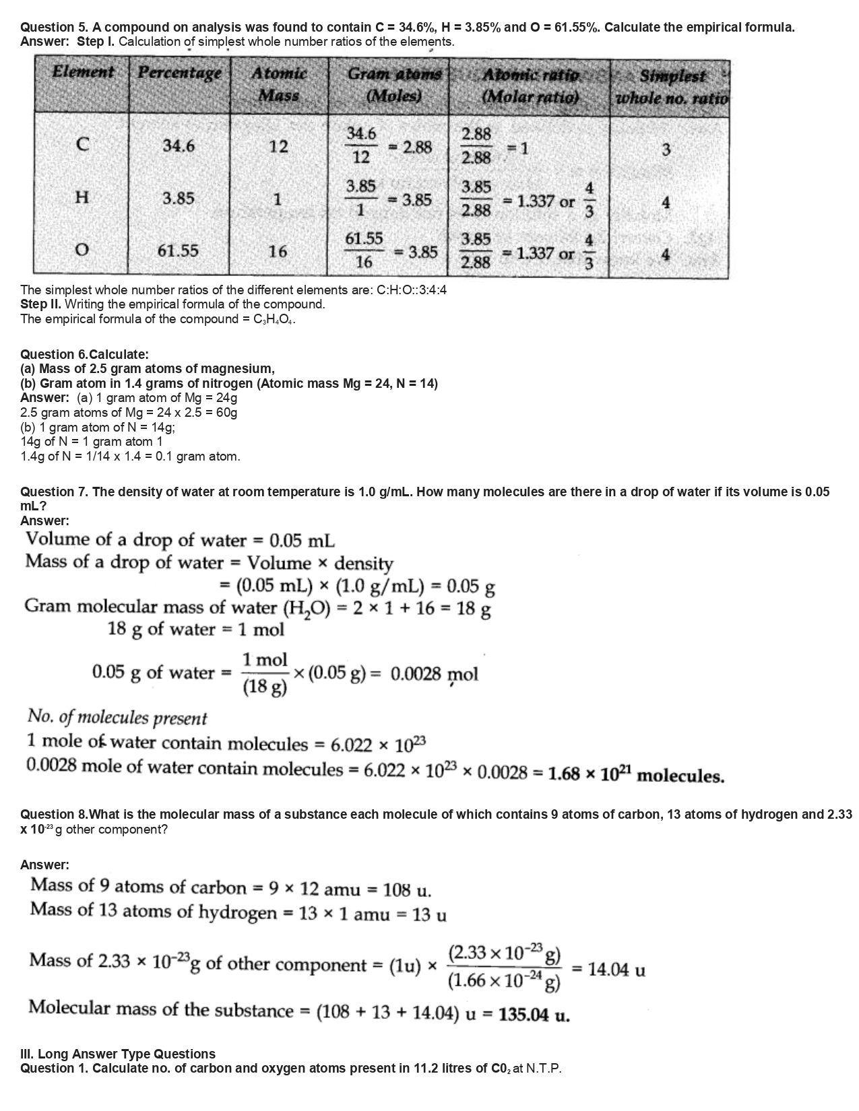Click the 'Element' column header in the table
(82, 71)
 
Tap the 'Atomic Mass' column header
(279, 83)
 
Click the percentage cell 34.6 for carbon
(179, 145)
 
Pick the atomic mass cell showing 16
(278, 251)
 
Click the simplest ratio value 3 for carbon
(666, 149)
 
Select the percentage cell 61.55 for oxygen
(178, 251)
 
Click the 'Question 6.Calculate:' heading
(85, 354)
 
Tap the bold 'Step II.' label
(41, 304)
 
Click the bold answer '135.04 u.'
(534, 1015)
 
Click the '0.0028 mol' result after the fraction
(435, 673)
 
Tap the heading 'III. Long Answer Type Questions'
(118, 1054)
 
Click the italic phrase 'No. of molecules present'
(117, 718)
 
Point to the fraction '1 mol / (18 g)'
(265, 673)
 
